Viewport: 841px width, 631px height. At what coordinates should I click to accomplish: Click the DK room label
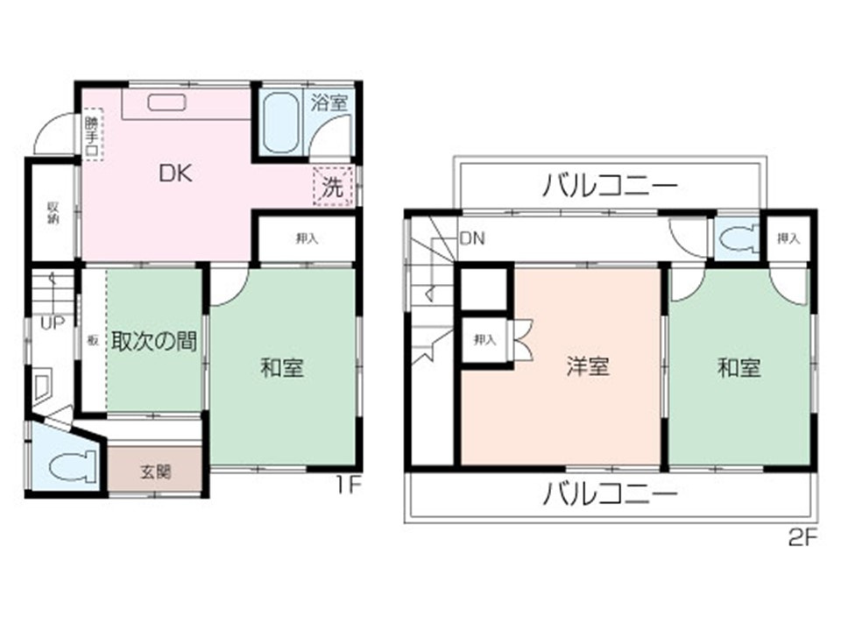point(175,174)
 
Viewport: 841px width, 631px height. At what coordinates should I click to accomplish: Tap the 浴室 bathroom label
point(330,102)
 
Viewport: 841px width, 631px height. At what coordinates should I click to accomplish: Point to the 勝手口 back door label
point(92,136)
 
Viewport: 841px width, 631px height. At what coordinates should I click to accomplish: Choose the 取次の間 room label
point(153,341)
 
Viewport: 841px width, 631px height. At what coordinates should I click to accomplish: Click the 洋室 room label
point(587,366)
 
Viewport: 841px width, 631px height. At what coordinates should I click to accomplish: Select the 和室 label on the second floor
point(739,367)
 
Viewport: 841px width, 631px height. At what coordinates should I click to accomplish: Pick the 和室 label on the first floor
point(282,368)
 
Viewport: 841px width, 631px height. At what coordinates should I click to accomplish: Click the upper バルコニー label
point(610,186)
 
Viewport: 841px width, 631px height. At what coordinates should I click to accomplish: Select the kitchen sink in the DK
point(166,103)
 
